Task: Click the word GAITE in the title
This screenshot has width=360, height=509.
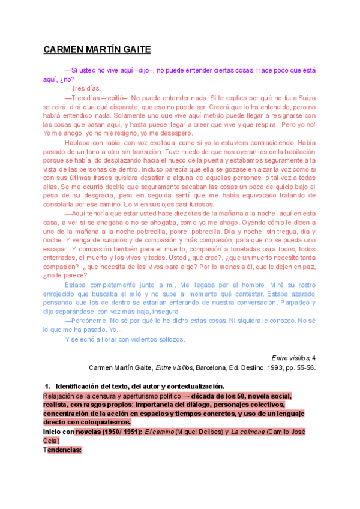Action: pyautogui.click(x=133, y=49)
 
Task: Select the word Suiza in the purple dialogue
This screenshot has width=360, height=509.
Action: pyautogui.click(x=307, y=97)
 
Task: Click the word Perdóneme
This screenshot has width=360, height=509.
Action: pyautogui.click(x=89, y=321)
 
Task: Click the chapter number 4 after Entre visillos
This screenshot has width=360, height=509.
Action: pyautogui.click(x=314, y=358)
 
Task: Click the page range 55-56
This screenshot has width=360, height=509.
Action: pyautogui.click(x=305, y=367)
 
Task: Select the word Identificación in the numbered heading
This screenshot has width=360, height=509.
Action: pyautogui.click(x=79, y=386)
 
